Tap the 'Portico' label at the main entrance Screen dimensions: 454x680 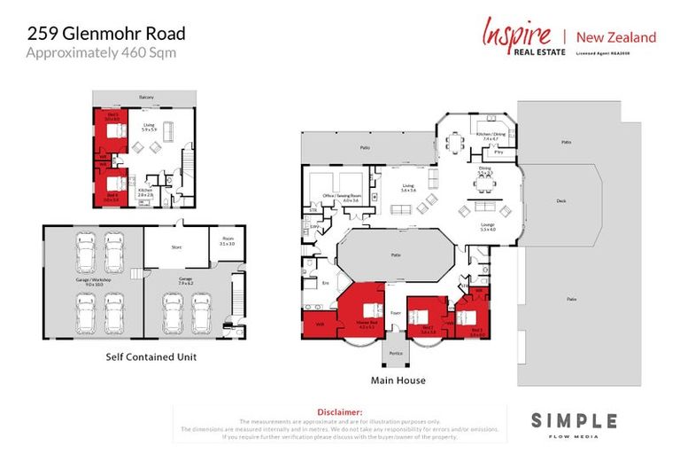click(396, 354)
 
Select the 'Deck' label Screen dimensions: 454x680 click(561, 201)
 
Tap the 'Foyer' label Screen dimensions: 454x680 click(396, 312)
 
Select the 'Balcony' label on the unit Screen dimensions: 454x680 click(146, 97)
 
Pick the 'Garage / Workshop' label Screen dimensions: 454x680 click(93, 282)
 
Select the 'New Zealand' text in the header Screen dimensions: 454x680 click(616, 37)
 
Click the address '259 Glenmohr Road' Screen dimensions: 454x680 click(105, 34)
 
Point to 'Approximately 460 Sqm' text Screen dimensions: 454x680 click(100, 52)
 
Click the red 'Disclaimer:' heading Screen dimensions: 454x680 click(340, 412)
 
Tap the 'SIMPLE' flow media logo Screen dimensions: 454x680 click(573, 420)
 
